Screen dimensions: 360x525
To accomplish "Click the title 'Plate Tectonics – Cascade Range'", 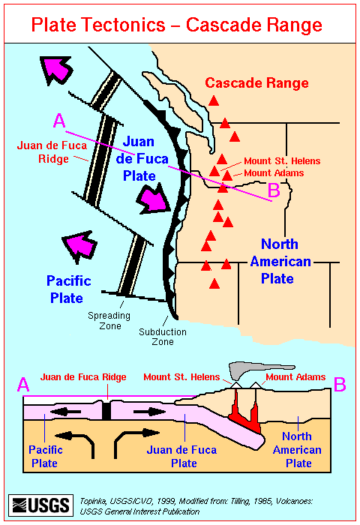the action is [x=177, y=25].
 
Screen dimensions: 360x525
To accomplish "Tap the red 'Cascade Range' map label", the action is [x=256, y=82].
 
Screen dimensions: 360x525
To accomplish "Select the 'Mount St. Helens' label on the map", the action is [x=282, y=161].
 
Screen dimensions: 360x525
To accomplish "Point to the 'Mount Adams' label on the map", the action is [x=274, y=173].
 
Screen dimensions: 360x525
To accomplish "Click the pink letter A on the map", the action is [x=59, y=121].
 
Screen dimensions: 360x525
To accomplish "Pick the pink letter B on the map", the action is [x=274, y=190].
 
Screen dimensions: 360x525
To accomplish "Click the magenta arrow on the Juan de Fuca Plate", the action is [x=154, y=199].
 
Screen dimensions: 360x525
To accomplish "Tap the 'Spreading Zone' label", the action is [x=109, y=320].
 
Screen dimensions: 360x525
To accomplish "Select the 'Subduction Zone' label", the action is [x=163, y=337].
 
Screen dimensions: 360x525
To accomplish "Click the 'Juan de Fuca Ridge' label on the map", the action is [x=52, y=151].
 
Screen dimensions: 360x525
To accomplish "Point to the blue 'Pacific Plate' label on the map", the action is [x=68, y=289].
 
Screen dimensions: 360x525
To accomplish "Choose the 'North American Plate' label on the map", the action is [x=280, y=261].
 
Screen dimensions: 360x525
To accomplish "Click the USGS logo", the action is [x=40, y=505].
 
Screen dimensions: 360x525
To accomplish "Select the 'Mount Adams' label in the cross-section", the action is [x=295, y=377].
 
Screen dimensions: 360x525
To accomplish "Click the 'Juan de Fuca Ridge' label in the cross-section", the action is [x=83, y=377].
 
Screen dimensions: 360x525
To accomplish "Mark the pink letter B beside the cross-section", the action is [x=340, y=385].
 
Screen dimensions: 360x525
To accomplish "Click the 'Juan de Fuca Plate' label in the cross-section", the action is [x=181, y=456].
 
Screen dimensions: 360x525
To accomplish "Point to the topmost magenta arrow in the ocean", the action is [x=55, y=70].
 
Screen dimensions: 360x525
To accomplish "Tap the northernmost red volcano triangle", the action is [x=214, y=100].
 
